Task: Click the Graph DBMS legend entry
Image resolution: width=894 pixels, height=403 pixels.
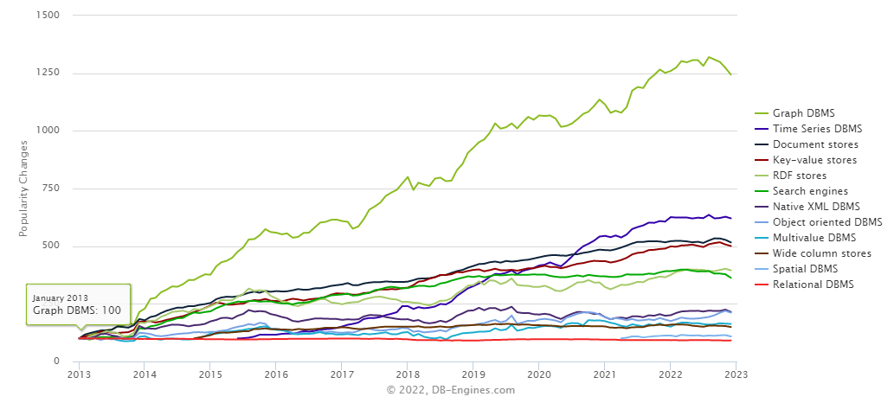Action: pos(802,112)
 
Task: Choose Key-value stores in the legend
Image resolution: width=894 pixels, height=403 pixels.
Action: pos(813,159)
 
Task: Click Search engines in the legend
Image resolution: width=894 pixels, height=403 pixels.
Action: pos(810,190)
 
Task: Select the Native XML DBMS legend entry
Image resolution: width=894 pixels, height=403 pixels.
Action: pos(816,206)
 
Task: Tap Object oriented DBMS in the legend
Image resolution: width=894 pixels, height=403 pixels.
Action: pos(826,221)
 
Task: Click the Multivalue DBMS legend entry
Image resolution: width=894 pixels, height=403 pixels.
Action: pos(813,237)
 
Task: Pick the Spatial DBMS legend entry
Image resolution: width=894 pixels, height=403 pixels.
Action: pos(805,268)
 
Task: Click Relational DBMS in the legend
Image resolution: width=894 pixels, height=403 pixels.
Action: pos(812,284)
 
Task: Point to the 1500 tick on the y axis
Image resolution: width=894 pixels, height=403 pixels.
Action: pos(48,16)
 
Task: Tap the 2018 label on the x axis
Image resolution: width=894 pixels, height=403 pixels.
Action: pos(408,374)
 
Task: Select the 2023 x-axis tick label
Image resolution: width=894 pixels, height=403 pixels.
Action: pos(736,374)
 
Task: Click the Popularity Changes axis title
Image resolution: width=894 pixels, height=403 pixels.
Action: pos(23,189)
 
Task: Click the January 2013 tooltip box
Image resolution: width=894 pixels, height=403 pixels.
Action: pos(78,304)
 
